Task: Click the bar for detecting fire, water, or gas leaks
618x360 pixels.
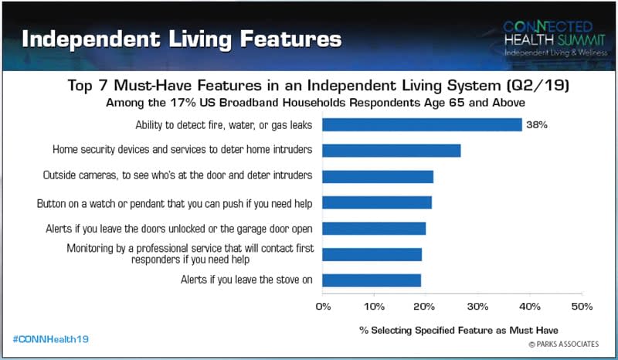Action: coord(422,124)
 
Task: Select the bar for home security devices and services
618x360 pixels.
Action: coord(392,151)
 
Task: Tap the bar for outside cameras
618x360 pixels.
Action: coord(378,177)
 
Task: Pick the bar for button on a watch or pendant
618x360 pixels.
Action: coord(377,202)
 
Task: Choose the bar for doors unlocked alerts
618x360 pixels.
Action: coord(374,229)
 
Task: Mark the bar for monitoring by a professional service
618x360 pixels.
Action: coord(372,255)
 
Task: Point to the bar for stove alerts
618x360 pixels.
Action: coord(372,280)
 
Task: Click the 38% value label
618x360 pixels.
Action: coord(537,125)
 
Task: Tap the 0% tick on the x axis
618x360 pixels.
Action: coord(323,307)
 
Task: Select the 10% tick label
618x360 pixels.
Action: coord(374,307)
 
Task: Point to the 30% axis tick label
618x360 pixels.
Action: coord(477,307)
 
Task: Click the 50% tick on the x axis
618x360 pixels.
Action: coord(582,307)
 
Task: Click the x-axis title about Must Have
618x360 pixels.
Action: coord(459,330)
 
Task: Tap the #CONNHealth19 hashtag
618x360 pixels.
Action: coord(51,339)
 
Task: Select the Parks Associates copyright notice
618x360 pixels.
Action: coord(564,344)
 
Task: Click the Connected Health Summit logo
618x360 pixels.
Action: coord(555,38)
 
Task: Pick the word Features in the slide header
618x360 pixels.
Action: coord(290,39)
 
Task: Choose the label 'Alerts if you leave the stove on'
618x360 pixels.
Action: coord(246,280)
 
